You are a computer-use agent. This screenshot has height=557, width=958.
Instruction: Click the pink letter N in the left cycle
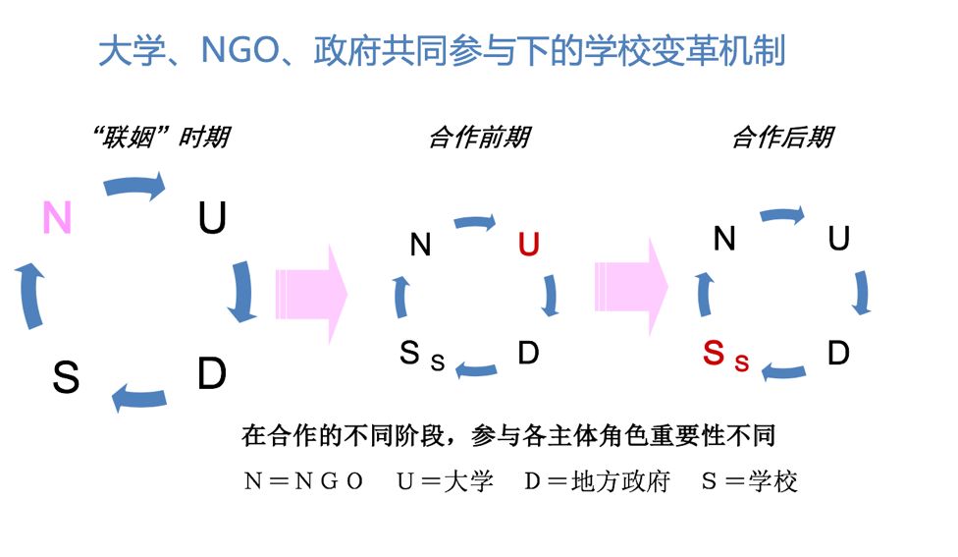click(x=58, y=218)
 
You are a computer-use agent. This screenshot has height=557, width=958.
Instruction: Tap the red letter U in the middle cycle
click(x=528, y=245)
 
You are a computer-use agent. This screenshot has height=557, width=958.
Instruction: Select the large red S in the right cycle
click(x=714, y=354)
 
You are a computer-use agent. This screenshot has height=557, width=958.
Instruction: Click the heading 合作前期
click(x=479, y=138)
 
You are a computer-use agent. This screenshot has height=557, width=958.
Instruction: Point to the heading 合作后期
click(x=782, y=138)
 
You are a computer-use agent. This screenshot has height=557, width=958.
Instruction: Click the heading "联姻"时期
click(x=159, y=137)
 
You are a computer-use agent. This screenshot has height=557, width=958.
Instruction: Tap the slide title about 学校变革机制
click(x=442, y=51)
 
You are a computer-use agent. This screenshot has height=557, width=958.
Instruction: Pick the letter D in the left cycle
click(x=211, y=374)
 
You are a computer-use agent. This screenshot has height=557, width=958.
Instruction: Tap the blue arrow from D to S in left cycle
click(x=138, y=398)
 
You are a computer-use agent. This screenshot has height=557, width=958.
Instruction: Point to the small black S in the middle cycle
click(x=438, y=363)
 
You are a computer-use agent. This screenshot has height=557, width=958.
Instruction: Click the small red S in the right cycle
click(x=742, y=363)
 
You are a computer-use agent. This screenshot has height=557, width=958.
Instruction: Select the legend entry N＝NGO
click(x=303, y=481)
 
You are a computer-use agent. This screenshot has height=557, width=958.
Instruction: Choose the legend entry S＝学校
click(x=749, y=481)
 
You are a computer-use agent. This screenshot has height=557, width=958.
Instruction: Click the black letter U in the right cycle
click(x=838, y=239)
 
